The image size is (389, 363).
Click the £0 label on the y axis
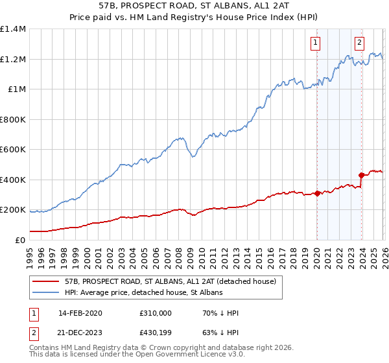click(20, 240)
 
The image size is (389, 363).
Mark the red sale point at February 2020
click(317, 193)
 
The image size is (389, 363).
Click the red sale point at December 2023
click(361, 175)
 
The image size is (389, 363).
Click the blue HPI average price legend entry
click(143, 293)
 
